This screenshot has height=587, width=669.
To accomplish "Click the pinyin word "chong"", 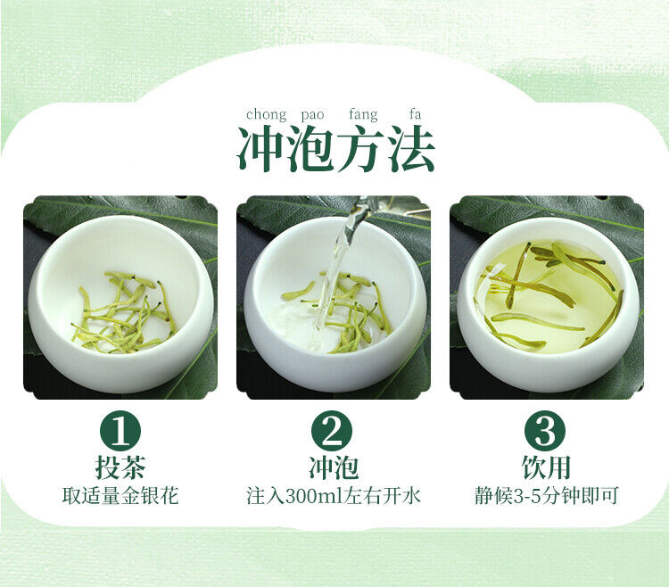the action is [x=266, y=115].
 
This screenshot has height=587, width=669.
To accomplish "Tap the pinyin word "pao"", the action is [x=312, y=116].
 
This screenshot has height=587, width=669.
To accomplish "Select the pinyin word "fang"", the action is [x=363, y=115].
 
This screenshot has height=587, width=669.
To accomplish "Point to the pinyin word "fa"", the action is [x=415, y=114].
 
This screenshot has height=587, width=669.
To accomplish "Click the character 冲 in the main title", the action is [x=260, y=148].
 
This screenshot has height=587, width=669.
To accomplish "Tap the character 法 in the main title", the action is [x=411, y=148].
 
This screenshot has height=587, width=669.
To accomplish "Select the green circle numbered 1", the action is [x=120, y=431].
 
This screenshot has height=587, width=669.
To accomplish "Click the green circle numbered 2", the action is [x=332, y=431].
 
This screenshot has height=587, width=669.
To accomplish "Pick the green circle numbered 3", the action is [x=545, y=431].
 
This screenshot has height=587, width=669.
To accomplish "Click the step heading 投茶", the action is [x=120, y=467].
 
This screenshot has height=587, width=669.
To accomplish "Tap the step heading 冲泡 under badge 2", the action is [x=334, y=467].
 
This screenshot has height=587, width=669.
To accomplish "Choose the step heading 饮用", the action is [x=546, y=467].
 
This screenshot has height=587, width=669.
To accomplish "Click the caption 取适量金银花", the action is [x=120, y=496].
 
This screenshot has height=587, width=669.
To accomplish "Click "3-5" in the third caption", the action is [x=526, y=496].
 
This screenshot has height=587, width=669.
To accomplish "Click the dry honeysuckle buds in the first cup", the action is [x=124, y=313].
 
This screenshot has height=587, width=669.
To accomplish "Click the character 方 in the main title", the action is [x=361, y=148].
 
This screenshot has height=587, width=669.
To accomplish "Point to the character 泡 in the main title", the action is [x=310, y=148].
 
